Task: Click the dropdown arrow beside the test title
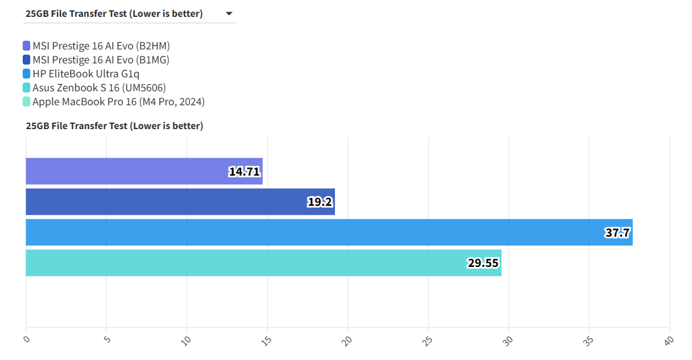[229, 13]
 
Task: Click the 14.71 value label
[244, 172]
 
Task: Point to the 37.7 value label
[617, 233]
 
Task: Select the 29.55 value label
[483, 263]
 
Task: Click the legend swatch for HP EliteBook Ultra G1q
[27, 74]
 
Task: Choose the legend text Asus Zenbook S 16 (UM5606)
[99, 88]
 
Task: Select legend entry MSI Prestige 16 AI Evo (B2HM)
[101, 46]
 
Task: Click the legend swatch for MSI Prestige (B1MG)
[27, 60]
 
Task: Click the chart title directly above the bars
[115, 126]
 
